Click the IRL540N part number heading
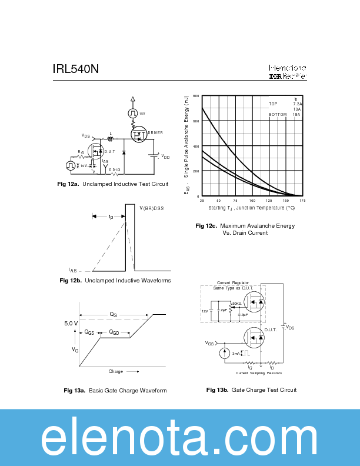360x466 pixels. pyautogui.click(x=75, y=69)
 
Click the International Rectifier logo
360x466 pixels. pyautogui.click(x=287, y=72)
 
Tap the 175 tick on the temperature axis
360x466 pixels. pyautogui.click(x=302, y=201)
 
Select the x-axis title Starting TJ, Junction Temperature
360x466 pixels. pyautogui.click(x=251, y=208)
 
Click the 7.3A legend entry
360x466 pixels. pyautogui.click(x=297, y=104)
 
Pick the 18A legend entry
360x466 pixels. pyautogui.click(x=297, y=115)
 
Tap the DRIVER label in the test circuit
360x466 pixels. pyautogui.click(x=155, y=133)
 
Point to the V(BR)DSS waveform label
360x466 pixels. pyautogui.click(x=152, y=208)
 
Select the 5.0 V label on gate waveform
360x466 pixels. pyautogui.click(x=71, y=324)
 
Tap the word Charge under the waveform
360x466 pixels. pyautogui.click(x=116, y=371)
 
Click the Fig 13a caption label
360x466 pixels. pyautogui.click(x=75, y=391)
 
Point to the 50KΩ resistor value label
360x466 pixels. pyautogui.click(x=236, y=304)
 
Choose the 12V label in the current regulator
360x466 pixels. pyautogui.click(x=205, y=310)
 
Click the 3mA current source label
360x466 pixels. pyautogui.click(x=235, y=354)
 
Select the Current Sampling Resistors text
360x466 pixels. pyautogui.click(x=259, y=373)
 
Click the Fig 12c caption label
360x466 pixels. pyautogui.click(x=206, y=226)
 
